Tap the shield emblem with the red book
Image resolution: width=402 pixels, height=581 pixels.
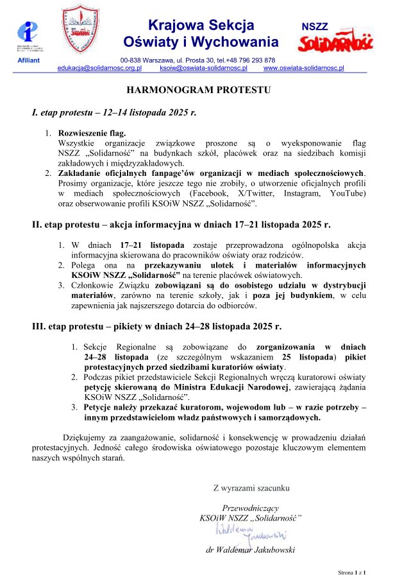(80, 30)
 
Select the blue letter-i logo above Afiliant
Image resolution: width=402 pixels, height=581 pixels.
(29, 32)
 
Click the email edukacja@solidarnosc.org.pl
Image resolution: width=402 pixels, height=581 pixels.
(99, 67)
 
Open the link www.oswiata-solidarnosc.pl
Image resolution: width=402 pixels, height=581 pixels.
(304, 67)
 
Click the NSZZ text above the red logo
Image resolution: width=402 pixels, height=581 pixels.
(315, 26)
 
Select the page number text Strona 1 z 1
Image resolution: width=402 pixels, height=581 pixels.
(356, 571)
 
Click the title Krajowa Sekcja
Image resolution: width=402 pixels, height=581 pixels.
(201, 26)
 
